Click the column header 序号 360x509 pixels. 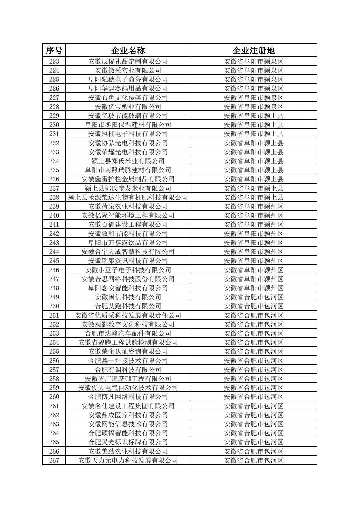[54, 50]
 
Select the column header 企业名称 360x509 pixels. [128, 50]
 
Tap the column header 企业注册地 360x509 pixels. [253, 50]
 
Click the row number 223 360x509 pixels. [54, 61]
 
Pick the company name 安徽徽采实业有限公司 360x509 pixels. [128, 70]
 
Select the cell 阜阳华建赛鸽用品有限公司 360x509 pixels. [128, 88]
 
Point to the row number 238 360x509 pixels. [54, 197]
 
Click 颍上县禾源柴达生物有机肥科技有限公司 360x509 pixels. [128, 197]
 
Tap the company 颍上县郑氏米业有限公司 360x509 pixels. [128, 161]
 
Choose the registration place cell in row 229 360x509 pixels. [253, 116]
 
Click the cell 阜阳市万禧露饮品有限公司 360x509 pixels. [128, 243]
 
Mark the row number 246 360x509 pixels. [54, 270]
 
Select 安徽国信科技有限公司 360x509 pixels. [128, 297]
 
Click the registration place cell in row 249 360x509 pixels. [253, 297]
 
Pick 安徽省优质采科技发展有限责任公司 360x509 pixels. [128, 315]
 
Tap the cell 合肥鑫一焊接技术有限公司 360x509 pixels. [128, 361]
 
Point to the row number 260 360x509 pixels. [54, 397]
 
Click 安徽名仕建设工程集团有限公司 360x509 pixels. [128, 406]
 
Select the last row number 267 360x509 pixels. [54, 460]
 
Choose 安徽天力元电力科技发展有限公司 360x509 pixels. [128, 460]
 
